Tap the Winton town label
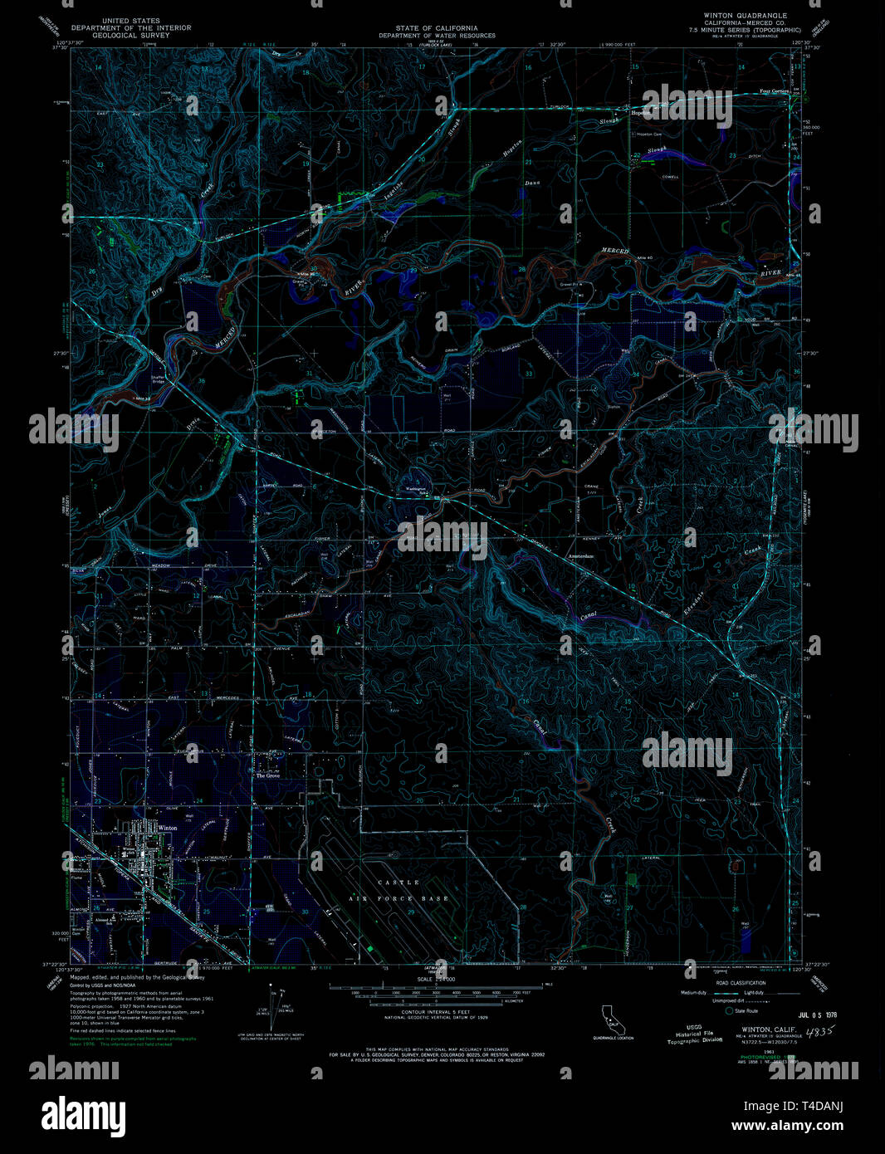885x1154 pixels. tap(168, 828)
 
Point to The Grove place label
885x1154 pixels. tap(267, 775)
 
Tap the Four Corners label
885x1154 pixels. tap(774, 91)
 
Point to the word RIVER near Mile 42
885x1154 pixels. tap(771, 273)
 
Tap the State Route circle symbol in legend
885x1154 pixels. tap(730, 1011)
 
